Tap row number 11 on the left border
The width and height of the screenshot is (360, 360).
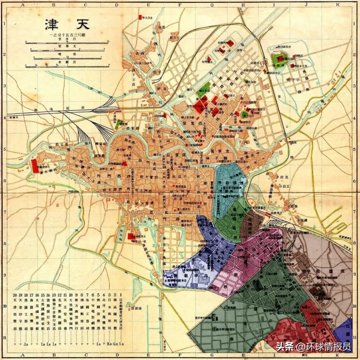[x=4, y=336]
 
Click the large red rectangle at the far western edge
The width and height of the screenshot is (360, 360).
[x=34, y=166]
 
